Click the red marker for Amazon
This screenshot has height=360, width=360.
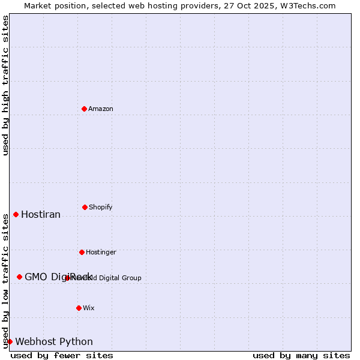[85, 109]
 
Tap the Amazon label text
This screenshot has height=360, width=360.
[101, 109]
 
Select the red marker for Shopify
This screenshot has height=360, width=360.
[85, 207]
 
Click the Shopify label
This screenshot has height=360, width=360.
[101, 208]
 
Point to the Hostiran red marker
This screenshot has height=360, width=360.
[16, 214]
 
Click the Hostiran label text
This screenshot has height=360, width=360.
[41, 215]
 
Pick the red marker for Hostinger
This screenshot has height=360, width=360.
[82, 252]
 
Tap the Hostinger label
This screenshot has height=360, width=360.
[101, 253]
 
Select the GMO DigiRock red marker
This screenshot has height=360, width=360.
[19, 277]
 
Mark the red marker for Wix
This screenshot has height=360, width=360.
[79, 308]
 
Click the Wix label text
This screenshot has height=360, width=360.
[89, 308]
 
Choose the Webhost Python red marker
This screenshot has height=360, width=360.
[10, 341]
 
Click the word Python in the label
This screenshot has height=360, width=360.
[76, 342]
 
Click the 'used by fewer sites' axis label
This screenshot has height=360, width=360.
[62, 355]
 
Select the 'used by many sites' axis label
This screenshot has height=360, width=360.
[301, 355]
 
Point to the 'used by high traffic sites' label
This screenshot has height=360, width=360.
[6, 86]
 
